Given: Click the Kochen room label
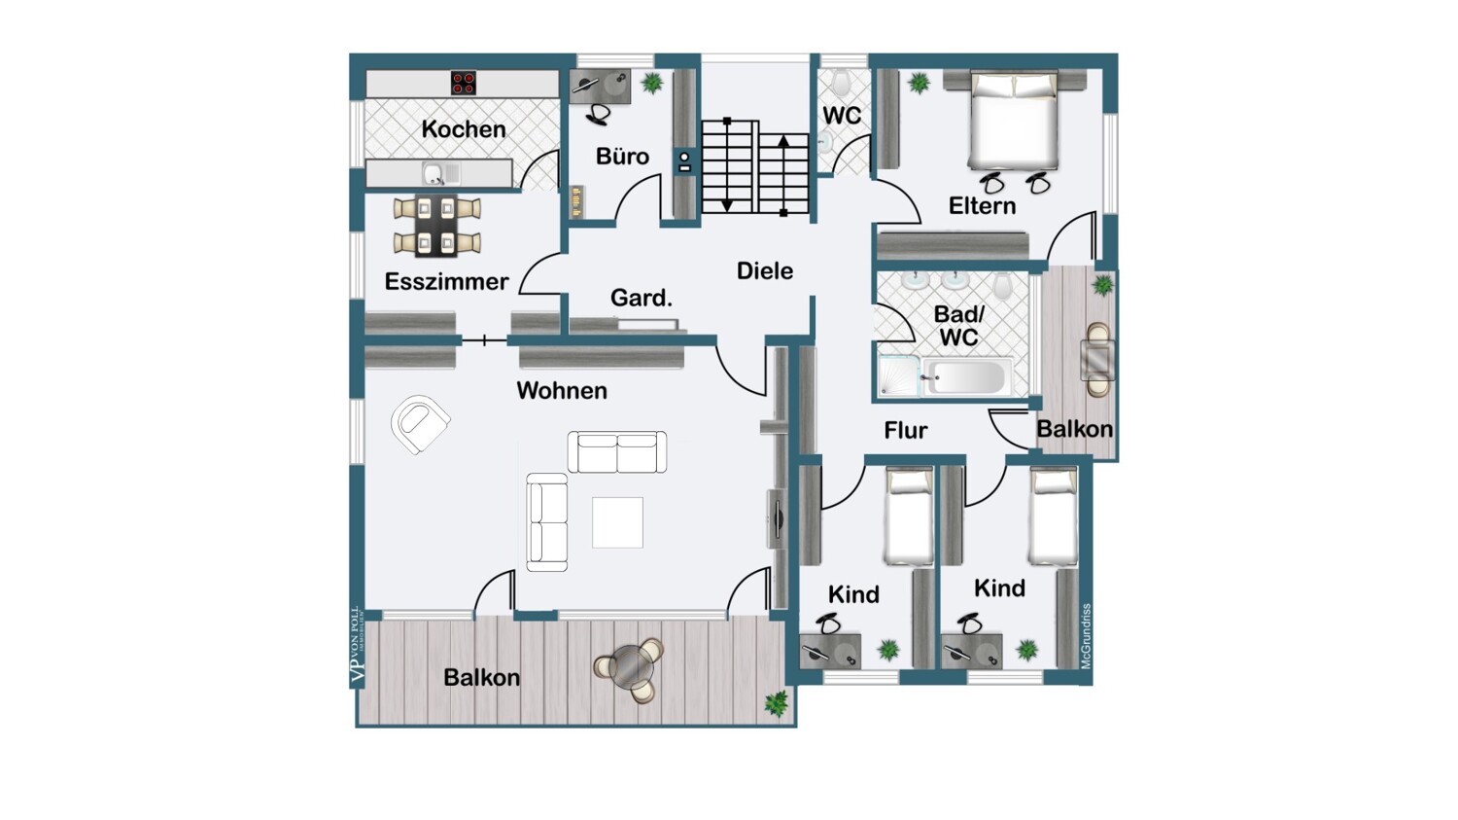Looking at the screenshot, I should click(x=464, y=129).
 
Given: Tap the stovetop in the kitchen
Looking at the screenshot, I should click(x=464, y=83).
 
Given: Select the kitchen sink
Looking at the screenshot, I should click(x=433, y=174).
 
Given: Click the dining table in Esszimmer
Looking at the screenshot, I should click(x=436, y=225).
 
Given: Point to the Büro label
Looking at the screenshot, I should click(x=622, y=157).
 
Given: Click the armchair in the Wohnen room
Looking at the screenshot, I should click(x=420, y=423).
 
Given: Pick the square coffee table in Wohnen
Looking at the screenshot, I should click(x=617, y=522).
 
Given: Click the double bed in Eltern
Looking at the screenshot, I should click(x=1012, y=122).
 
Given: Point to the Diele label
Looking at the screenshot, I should click(x=765, y=270).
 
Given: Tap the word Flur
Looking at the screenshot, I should click(x=905, y=430).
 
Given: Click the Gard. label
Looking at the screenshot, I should click(x=642, y=299).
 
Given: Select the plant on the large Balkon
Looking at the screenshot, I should click(x=776, y=702).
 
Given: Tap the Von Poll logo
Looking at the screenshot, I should click(x=356, y=647).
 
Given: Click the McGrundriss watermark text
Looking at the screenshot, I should click(x=1086, y=635).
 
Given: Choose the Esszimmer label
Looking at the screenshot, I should click(x=446, y=282).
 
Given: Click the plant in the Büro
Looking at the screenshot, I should click(x=652, y=83).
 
